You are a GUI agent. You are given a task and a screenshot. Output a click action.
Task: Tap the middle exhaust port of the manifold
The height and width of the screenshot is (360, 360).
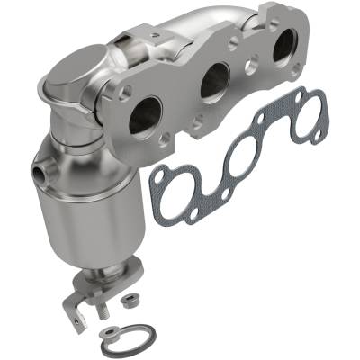(215, 83)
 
